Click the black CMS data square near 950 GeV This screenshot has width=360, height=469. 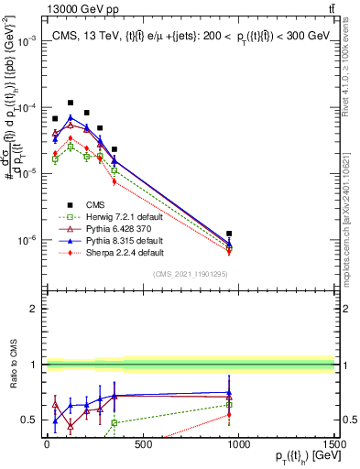tap(229, 234)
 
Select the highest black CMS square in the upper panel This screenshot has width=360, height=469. tap(71, 104)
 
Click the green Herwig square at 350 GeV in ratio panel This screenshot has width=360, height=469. tap(115, 423)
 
